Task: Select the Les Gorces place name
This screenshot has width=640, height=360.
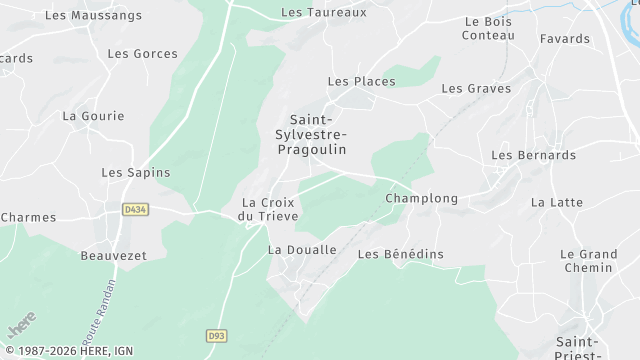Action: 142,54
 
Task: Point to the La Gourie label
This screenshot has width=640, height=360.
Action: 93,116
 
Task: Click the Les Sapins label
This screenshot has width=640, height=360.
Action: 136,173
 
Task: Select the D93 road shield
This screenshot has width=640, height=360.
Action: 216,336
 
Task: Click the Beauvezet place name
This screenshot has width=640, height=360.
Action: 113,256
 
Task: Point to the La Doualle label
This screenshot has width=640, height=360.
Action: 302,250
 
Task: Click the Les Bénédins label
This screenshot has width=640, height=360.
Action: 400,255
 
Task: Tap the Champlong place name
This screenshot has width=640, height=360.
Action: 421,199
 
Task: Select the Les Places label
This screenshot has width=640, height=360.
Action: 361,81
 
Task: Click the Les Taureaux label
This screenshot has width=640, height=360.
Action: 324,13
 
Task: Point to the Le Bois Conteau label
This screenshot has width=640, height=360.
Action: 488,28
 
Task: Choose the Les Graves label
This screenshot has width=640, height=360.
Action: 476,89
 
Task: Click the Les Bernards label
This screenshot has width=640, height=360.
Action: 533,156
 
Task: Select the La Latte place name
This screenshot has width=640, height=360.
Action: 557,202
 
